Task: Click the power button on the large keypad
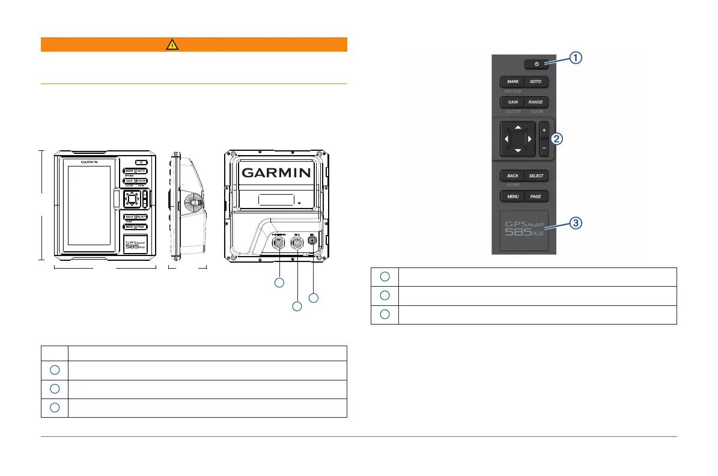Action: click(x=536, y=64)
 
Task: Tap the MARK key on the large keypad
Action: click(x=512, y=81)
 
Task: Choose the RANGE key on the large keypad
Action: click(x=536, y=102)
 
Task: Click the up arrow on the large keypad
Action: click(x=518, y=127)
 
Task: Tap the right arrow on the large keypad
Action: click(x=529, y=139)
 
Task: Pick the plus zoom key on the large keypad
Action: click(x=544, y=130)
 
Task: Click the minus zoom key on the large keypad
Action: click(x=544, y=147)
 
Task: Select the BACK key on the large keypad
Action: click(x=512, y=176)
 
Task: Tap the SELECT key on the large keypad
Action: click(x=536, y=176)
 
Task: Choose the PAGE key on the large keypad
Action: click(x=536, y=197)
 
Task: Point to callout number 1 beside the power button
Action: click(x=576, y=58)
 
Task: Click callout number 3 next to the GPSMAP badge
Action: click(x=576, y=223)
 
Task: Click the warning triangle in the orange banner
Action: click(x=194, y=44)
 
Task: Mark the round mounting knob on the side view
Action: click(x=192, y=203)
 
